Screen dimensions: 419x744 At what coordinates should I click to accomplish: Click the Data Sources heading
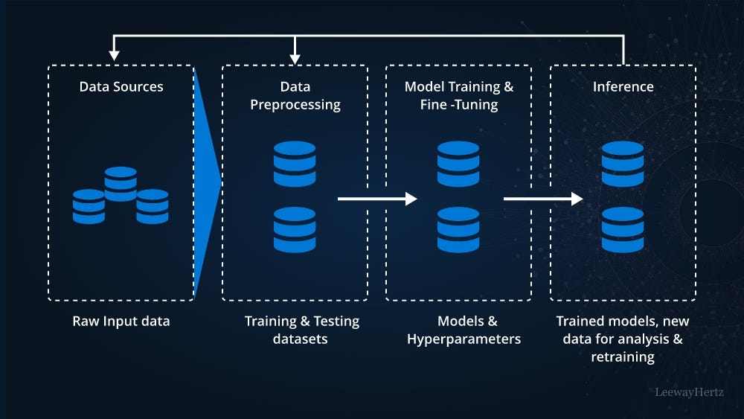coord(121,87)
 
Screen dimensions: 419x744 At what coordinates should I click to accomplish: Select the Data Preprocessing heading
coord(295,96)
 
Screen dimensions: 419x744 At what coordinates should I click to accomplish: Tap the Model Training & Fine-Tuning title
coord(458,96)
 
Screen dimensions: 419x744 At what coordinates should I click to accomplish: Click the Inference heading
coord(623,87)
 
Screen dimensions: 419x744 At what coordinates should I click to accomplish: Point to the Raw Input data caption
coord(121,322)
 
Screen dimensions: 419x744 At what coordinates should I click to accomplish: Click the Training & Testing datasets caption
coord(302,330)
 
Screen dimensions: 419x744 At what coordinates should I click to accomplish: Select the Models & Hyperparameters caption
coord(464,330)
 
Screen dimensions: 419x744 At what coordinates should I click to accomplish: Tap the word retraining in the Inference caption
coord(623,356)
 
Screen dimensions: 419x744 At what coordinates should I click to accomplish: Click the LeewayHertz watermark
coord(690,391)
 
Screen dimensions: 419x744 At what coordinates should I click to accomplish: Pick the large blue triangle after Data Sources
coord(206,182)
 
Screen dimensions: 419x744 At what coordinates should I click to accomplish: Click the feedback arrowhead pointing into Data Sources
coord(114,54)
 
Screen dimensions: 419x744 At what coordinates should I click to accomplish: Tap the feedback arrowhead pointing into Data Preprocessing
coord(295,57)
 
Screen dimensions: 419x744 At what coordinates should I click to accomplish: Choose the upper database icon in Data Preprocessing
coord(295,164)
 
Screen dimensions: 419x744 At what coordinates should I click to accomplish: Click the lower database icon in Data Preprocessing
coord(295,229)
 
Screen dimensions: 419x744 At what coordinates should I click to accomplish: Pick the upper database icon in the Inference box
coord(623,164)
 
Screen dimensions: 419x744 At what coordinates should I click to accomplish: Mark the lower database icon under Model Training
coord(458,229)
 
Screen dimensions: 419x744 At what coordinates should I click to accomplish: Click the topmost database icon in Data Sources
coord(121,183)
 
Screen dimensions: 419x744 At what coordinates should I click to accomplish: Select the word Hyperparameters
coord(464,339)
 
